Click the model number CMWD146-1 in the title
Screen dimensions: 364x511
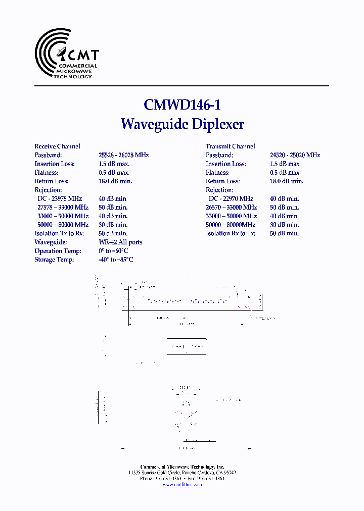pyautogui.click(x=182, y=105)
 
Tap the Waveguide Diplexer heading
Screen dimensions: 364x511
pyautogui.click(x=182, y=124)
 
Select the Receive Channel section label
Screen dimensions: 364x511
pyautogui.click(x=57, y=146)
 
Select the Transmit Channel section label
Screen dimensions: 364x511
pyautogui.click(x=230, y=146)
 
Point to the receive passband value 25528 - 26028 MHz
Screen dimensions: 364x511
pyautogui.click(x=123, y=155)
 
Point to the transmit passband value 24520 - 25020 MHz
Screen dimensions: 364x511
pyautogui.click(x=295, y=155)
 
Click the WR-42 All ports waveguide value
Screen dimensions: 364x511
pyautogui.click(x=120, y=242)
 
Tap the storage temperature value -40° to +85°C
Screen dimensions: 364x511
pyautogui.click(x=116, y=260)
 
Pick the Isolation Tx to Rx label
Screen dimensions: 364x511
pyautogui.click(x=59, y=233)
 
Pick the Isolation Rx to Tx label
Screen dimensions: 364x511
pyautogui.click(x=231, y=233)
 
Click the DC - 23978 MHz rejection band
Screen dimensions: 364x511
pyautogui.click(x=60, y=198)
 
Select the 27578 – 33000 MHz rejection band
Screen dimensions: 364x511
pyautogui.click(x=63, y=207)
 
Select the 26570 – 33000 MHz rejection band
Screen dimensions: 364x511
pyautogui.click(x=231, y=207)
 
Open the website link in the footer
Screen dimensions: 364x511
pyautogui.click(x=182, y=485)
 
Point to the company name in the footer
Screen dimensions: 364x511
pyautogui.click(x=182, y=467)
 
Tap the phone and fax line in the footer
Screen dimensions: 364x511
pyautogui.click(x=182, y=479)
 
